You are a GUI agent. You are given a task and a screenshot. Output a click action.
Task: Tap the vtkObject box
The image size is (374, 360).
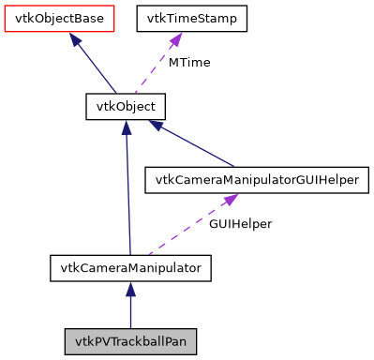126,106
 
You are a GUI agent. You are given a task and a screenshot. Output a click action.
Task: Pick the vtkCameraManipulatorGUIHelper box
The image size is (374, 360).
251,180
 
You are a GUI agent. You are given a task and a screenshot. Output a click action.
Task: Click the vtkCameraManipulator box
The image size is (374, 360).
130,268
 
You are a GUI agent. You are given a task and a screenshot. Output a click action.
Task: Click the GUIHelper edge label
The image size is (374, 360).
239,225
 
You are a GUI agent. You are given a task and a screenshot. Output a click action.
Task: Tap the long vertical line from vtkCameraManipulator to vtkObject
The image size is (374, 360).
127,197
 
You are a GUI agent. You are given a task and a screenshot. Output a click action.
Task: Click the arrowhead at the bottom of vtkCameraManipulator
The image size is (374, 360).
130,290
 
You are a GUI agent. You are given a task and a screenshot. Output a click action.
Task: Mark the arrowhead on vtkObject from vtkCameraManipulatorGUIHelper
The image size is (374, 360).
157,125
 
